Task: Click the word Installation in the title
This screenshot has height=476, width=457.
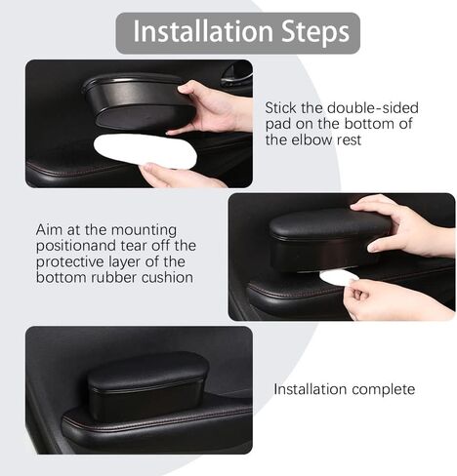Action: click(x=203, y=31)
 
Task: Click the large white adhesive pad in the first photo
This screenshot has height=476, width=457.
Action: click(x=145, y=151)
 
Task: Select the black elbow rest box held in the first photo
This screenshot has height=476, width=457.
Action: click(x=139, y=100)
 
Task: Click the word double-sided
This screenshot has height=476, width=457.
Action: click(x=373, y=107)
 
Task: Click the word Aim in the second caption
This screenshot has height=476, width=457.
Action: click(x=49, y=230)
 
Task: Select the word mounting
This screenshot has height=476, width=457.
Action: click(x=144, y=231)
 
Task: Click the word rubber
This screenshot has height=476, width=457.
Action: click(x=113, y=277)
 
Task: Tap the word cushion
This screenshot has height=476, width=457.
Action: click(x=167, y=277)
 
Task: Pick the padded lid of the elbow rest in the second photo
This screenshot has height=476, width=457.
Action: click(x=329, y=224)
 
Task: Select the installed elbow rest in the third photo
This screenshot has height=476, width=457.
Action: click(x=148, y=386)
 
